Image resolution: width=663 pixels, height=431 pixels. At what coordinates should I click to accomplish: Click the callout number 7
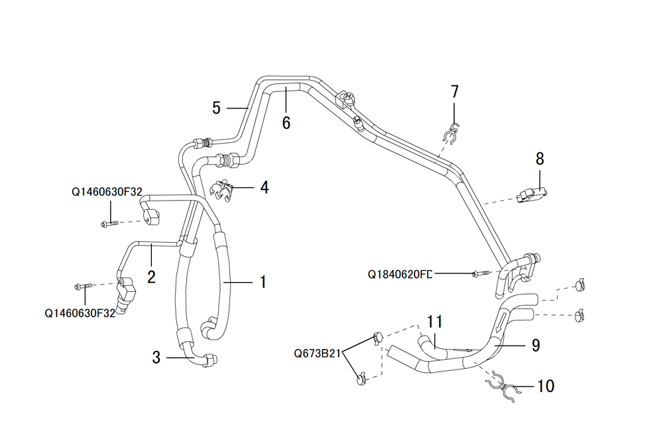click(x=455, y=91)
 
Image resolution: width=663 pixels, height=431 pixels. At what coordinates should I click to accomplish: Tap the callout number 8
click(x=540, y=159)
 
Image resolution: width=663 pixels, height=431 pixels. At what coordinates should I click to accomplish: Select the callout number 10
click(x=546, y=386)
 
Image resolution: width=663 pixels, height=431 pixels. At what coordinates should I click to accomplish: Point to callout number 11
click(x=435, y=322)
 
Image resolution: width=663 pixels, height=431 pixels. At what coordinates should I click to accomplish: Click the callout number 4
click(x=265, y=187)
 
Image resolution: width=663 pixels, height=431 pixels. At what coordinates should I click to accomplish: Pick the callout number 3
click(x=156, y=358)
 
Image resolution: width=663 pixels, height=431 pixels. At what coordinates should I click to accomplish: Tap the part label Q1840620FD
click(x=400, y=274)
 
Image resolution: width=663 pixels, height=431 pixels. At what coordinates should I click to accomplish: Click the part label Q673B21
click(x=317, y=354)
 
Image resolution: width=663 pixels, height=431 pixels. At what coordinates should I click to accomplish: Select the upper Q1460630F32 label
click(x=107, y=192)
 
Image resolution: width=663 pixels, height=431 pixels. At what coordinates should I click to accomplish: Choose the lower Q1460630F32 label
click(x=80, y=313)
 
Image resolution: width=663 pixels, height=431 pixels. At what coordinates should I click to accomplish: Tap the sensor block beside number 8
click(x=532, y=195)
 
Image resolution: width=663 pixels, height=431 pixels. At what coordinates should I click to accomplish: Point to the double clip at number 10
click(x=503, y=387)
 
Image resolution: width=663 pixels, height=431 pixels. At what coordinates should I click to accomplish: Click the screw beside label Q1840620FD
click(x=481, y=273)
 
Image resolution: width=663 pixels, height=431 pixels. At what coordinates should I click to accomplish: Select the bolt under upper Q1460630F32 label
click(x=110, y=224)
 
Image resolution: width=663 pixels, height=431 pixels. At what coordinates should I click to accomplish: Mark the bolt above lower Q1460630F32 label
click(x=84, y=287)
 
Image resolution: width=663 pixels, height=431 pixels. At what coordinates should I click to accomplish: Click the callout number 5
click(x=217, y=108)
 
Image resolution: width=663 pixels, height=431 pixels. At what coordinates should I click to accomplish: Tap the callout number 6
click(x=286, y=123)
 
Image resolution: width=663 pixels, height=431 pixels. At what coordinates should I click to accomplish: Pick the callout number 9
click(x=536, y=346)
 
